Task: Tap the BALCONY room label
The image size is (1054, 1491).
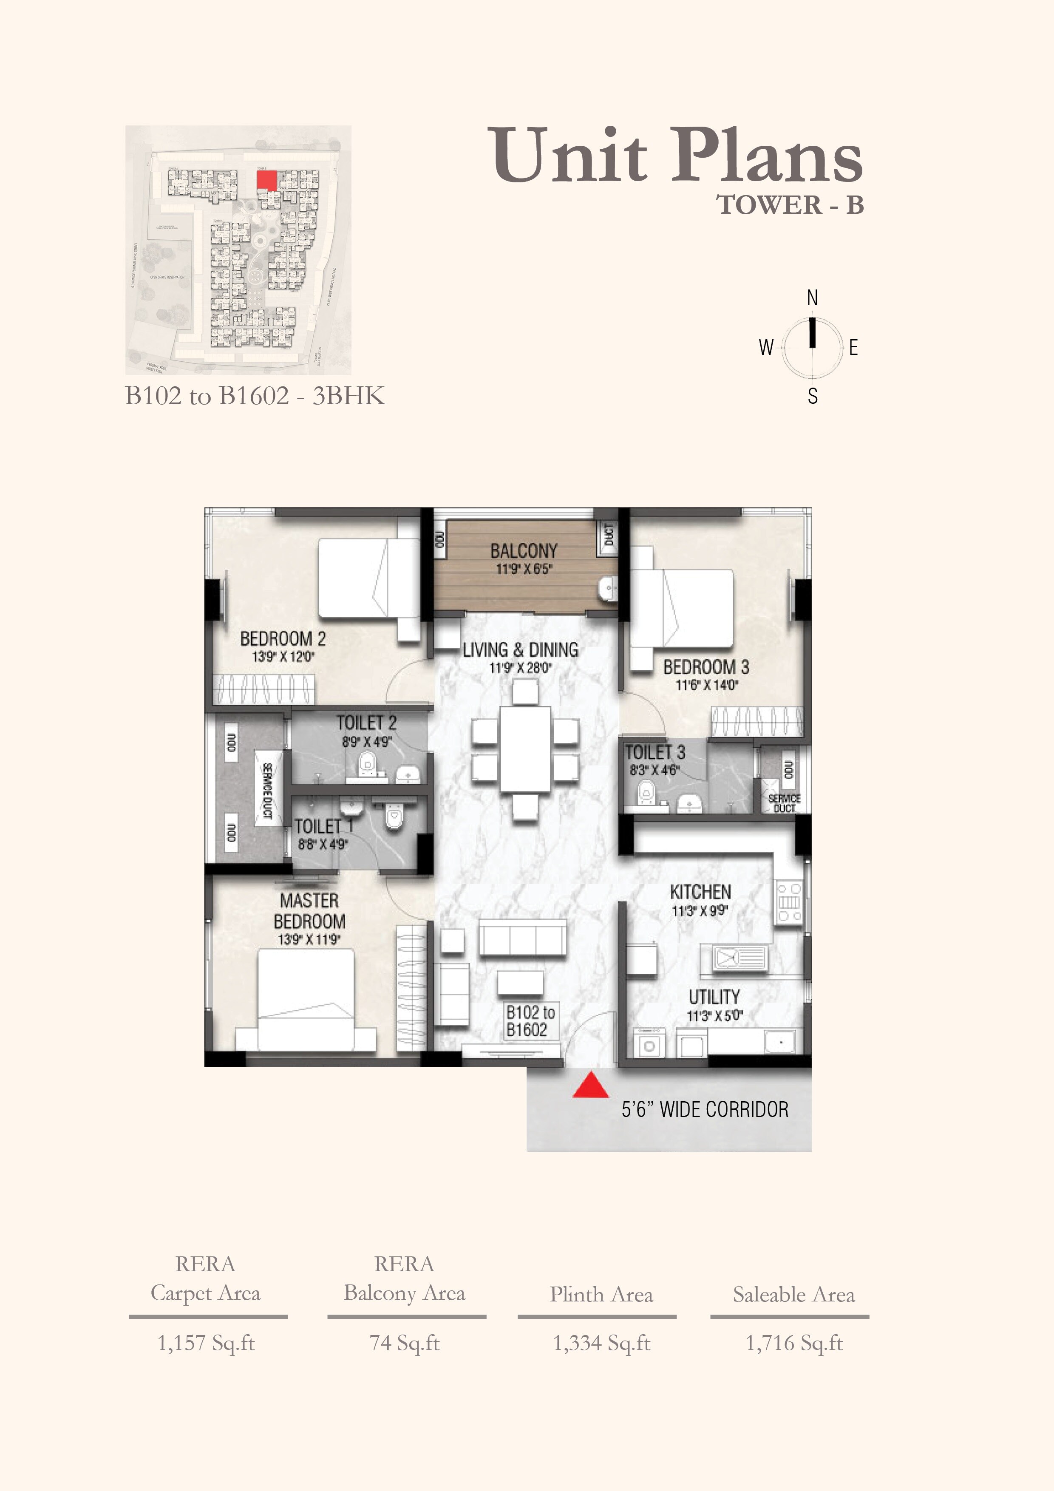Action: (524, 551)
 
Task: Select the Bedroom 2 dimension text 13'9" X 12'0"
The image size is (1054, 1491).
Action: (283, 657)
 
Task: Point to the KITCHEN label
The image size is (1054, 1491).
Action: (700, 892)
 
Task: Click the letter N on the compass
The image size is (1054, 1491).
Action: (812, 298)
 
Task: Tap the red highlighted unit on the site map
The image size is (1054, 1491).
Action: (266, 180)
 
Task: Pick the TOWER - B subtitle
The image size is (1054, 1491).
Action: (790, 205)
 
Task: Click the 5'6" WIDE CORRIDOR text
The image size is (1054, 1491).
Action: (705, 1109)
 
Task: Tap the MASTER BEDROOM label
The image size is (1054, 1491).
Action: (309, 911)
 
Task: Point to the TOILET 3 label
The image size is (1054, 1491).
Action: (654, 753)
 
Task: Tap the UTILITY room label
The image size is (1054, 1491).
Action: (714, 997)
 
